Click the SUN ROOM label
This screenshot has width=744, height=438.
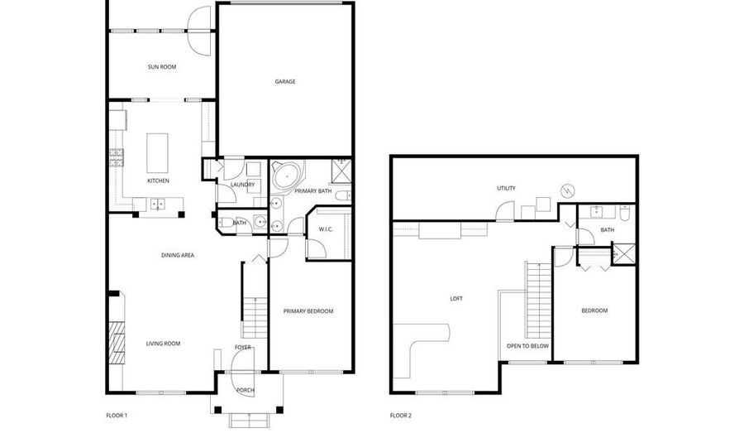162,67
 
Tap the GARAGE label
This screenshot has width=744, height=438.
284,82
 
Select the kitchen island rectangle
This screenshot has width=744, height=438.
157,153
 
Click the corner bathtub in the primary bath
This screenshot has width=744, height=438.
287,176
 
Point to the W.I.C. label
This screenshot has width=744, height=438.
326,229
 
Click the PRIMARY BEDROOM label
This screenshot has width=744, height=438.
308,311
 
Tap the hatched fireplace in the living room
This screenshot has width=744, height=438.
117,343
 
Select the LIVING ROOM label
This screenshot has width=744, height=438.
163,344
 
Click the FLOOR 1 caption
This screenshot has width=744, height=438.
117,416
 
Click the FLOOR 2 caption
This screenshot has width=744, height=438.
400,416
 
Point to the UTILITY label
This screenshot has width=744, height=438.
506,189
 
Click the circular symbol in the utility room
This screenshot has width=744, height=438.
568,190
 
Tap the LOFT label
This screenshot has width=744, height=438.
456,299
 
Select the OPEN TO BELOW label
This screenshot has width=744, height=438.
527,346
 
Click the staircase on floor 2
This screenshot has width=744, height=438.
537,299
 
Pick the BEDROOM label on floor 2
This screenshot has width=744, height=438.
594,310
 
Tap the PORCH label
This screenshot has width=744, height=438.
246,391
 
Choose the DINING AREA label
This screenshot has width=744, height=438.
178,256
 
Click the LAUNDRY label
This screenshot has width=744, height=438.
242,185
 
